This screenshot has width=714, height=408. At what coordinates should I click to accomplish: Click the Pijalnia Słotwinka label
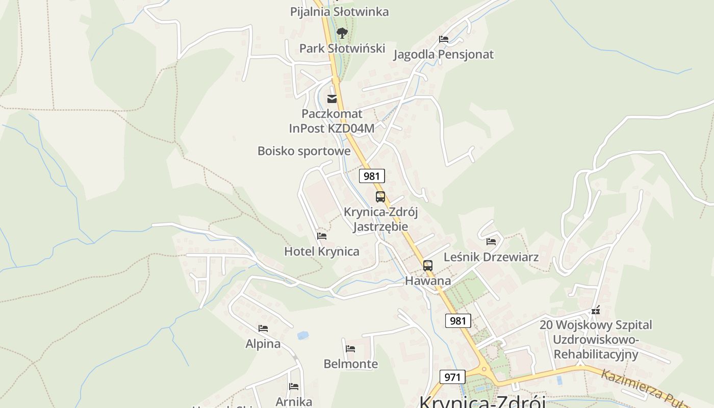(339, 11)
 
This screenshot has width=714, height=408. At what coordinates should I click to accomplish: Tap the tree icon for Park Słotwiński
(342, 34)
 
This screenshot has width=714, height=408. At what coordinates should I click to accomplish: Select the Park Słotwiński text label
(342, 48)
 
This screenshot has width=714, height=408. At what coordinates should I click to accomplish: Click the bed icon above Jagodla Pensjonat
(444, 39)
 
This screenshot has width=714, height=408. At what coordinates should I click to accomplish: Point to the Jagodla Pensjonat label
(443, 54)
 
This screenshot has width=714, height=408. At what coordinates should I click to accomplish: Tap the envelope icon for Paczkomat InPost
(332, 99)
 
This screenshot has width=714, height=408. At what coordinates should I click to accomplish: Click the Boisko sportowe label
(304, 151)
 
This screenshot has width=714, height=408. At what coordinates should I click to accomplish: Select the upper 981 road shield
(372, 176)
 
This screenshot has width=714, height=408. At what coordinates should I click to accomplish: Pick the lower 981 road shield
(458, 321)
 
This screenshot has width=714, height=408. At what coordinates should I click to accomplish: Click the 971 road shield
(452, 377)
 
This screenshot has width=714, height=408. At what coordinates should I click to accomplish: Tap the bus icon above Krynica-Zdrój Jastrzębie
(380, 197)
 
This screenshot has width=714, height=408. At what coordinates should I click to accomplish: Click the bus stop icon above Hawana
(428, 266)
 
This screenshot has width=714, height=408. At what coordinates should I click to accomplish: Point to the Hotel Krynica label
(321, 251)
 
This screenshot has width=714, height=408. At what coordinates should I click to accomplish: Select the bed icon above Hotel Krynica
(321, 236)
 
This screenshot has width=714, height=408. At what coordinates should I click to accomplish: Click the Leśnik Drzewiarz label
(491, 257)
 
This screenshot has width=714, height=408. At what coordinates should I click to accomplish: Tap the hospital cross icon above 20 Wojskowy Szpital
(595, 310)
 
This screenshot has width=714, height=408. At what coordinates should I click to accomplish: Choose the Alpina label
(263, 344)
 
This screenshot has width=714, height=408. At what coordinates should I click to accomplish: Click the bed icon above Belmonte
(350, 349)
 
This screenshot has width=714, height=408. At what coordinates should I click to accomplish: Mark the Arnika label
(294, 401)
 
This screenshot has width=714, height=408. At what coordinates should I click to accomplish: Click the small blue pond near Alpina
(302, 336)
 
